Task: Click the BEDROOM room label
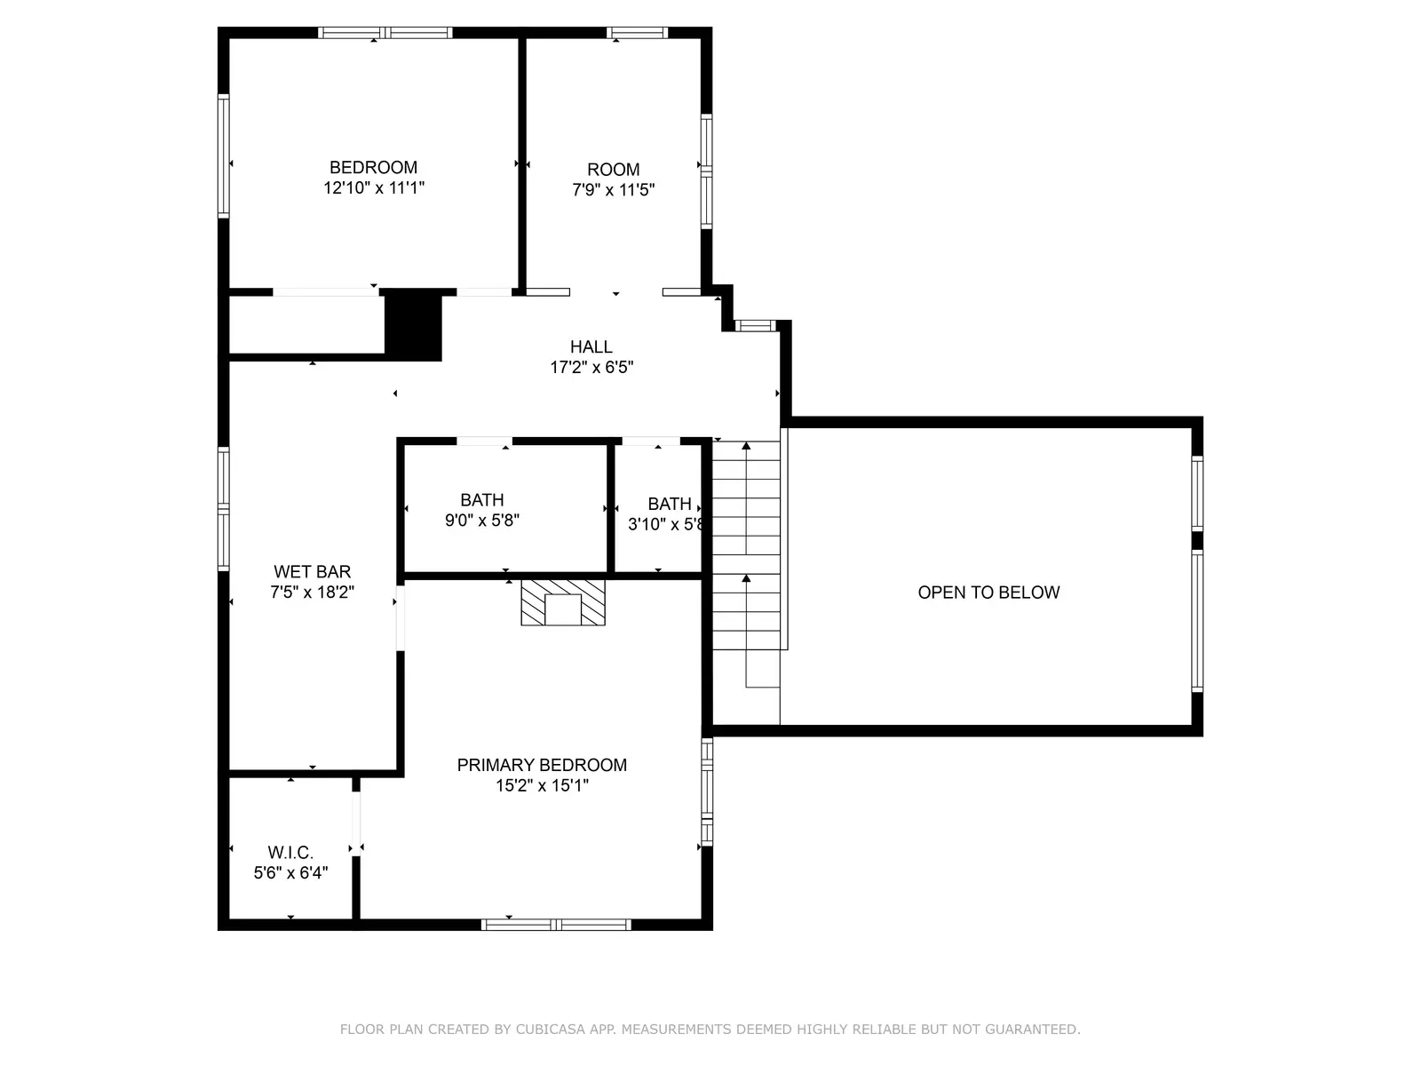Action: tap(373, 167)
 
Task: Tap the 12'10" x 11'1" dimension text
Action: tap(374, 188)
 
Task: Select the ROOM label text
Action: tap(613, 170)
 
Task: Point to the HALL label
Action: tap(591, 347)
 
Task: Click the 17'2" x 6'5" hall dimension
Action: tap(591, 368)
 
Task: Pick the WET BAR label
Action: tap(312, 572)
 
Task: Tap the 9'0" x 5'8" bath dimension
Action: tap(481, 521)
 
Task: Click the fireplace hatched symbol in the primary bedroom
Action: tap(562, 602)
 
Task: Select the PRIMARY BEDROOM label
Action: tap(542, 765)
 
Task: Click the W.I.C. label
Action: tap(290, 853)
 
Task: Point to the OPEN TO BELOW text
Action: tap(988, 593)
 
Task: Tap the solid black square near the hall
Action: tap(413, 324)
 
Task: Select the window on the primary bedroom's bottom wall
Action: tap(556, 925)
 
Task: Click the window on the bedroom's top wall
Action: tap(385, 33)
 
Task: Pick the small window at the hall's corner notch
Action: tap(756, 326)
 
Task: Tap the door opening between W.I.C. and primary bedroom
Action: tap(356, 822)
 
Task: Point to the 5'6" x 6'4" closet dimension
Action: tap(290, 873)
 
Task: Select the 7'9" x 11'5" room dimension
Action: tap(613, 190)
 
